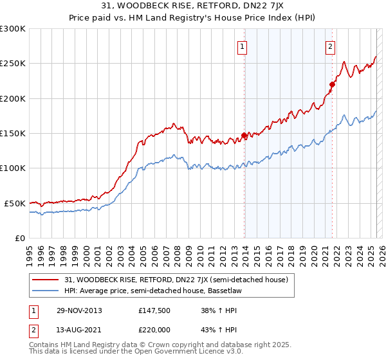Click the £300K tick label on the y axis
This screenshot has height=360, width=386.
[x=14, y=29]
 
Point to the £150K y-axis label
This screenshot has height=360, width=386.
[x=14, y=134]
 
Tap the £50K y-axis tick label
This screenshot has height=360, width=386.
[x=15, y=203]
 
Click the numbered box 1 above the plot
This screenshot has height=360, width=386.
[x=243, y=46]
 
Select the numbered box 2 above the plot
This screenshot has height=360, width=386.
[x=330, y=46]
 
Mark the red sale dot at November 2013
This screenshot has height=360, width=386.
[x=244, y=135]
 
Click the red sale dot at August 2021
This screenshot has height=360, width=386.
[x=332, y=84]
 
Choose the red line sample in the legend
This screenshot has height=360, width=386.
[x=47, y=280]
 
